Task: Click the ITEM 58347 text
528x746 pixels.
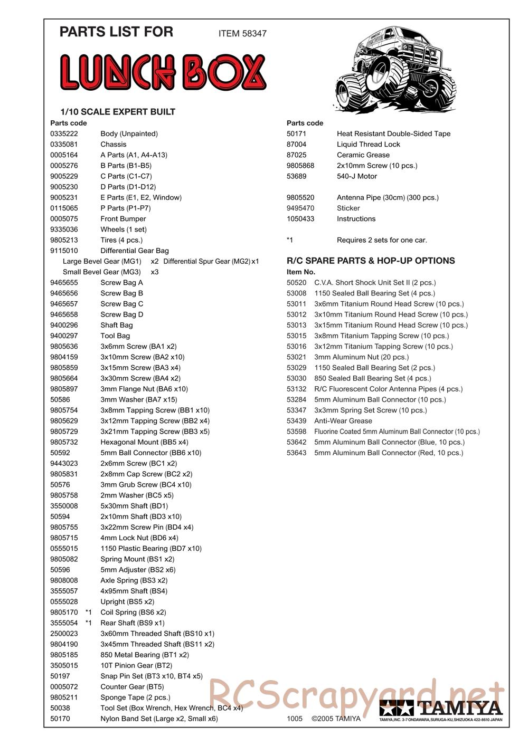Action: coord(242,33)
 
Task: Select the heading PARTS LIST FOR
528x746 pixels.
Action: coord(116,32)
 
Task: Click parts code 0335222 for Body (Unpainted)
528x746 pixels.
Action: coord(64,134)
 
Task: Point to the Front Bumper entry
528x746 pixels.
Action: coord(123,219)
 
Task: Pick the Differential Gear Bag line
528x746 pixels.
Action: coord(134,251)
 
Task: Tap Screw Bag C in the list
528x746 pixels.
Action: coord(121,304)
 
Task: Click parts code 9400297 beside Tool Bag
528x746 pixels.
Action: coord(64,336)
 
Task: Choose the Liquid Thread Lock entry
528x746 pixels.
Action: coord(368,145)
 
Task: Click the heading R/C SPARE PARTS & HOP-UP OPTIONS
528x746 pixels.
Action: coord(371,261)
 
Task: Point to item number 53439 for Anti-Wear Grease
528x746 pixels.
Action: coord(296,421)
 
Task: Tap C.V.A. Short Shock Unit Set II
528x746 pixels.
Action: coord(375,283)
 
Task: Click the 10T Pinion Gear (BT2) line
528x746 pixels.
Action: coord(136,666)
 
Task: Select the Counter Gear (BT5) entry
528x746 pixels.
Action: coord(132,687)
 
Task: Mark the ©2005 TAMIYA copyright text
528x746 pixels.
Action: coord(336,719)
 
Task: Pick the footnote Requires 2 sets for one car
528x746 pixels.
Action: coord(382,240)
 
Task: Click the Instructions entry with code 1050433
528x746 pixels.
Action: coord(356,219)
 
